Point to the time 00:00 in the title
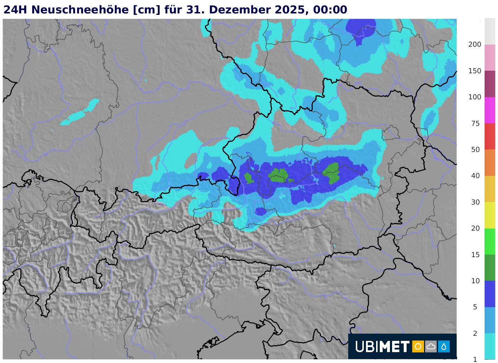pyautogui.click(x=330, y=10)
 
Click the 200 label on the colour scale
pyautogui.click(x=475, y=45)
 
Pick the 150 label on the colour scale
pyautogui.click(x=475, y=71)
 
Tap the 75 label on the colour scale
pyautogui.click(x=475, y=124)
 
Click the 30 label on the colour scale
pyautogui.click(x=475, y=202)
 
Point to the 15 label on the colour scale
pyautogui.click(x=475, y=255)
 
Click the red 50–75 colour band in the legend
pyautogui.click(x=490, y=136)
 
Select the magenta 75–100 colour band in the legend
pyautogui.click(x=490, y=110)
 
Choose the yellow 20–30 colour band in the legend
pyautogui.click(x=490, y=215)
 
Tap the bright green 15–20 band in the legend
pyautogui.click(x=490, y=241)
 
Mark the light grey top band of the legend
pyautogui.click(x=490, y=32)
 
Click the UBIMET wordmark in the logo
pyautogui.click(x=382, y=347)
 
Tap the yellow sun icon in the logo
pyautogui.click(x=418, y=347)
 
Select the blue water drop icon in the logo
pyautogui.click(x=444, y=347)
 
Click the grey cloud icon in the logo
pyautogui.click(x=431, y=347)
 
